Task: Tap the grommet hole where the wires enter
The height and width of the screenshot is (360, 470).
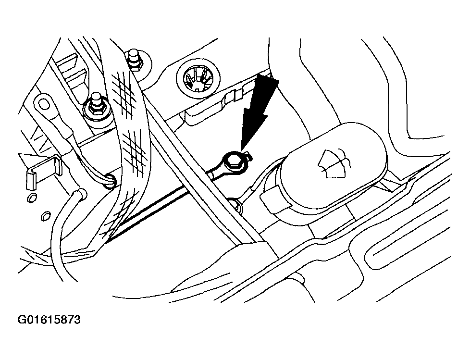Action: [109, 181]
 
